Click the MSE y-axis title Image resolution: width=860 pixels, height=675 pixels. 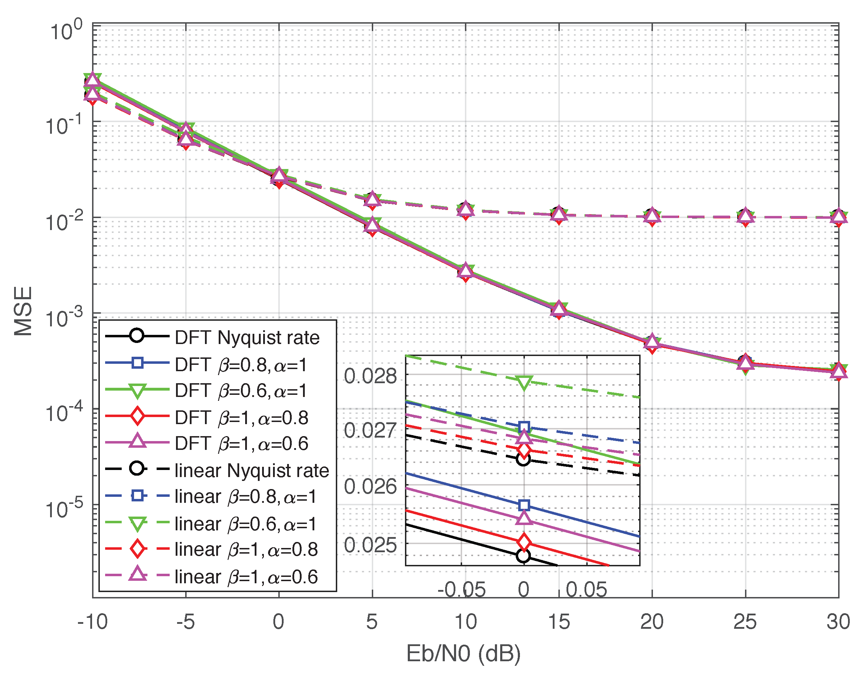[23, 311]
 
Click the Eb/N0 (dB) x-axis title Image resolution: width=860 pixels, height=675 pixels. [464, 653]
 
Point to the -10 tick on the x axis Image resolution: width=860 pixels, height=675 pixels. [93, 622]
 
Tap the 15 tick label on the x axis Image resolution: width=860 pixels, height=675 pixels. [559, 622]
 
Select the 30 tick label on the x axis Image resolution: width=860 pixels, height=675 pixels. [838, 622]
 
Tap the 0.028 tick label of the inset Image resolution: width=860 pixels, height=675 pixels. [370, 376]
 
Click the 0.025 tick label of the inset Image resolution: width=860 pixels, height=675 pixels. [370, 545]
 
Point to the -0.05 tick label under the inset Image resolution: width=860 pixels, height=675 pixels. [461, 590]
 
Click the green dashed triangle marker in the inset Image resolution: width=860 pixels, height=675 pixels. [524, 382]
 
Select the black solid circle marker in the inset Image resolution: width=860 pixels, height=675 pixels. [523, 556]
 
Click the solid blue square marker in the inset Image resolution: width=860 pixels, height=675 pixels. [524, 505]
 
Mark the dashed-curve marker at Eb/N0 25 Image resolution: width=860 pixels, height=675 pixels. [745, 216]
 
